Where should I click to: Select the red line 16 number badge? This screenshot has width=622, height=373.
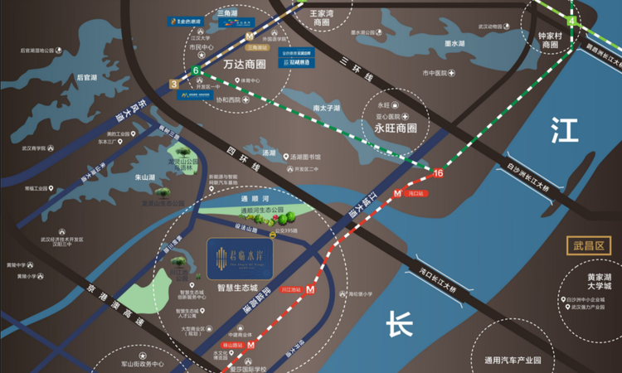(438, 173)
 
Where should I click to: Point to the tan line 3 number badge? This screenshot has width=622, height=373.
(173, 84)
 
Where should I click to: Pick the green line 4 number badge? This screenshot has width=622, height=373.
(571, 20)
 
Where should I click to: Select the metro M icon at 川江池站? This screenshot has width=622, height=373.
(310, 290)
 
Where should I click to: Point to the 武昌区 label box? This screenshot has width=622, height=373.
(590, 245)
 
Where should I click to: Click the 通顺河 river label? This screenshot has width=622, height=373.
(250, 200)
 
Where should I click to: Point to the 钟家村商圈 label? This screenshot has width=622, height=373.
(550, 41)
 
